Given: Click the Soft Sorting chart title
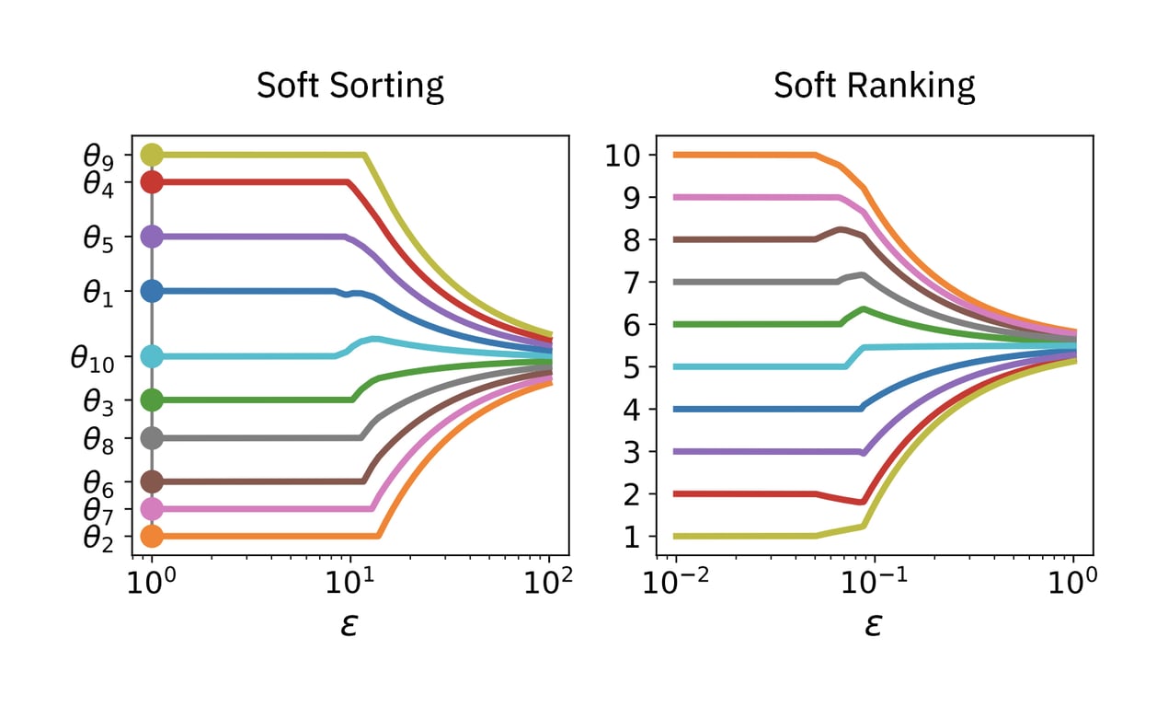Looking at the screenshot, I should [349, 86].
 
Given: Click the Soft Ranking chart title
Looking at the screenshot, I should [874, 86].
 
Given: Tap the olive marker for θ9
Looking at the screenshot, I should [152, 155].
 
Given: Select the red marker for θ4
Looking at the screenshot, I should [152, 182].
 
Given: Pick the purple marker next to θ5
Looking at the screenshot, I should [152, 237].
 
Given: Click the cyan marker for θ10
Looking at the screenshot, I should [152, 356].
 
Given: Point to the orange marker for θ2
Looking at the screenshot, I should [152, 536].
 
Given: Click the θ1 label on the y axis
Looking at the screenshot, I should [97, 294].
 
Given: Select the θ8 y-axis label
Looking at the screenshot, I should [97, 440].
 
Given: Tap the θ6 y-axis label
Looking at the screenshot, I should [97, 482].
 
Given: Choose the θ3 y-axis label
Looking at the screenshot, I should [97, 401].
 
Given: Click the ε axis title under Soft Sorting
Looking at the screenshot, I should [349, 625].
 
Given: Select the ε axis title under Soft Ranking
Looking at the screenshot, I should [874, 625].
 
